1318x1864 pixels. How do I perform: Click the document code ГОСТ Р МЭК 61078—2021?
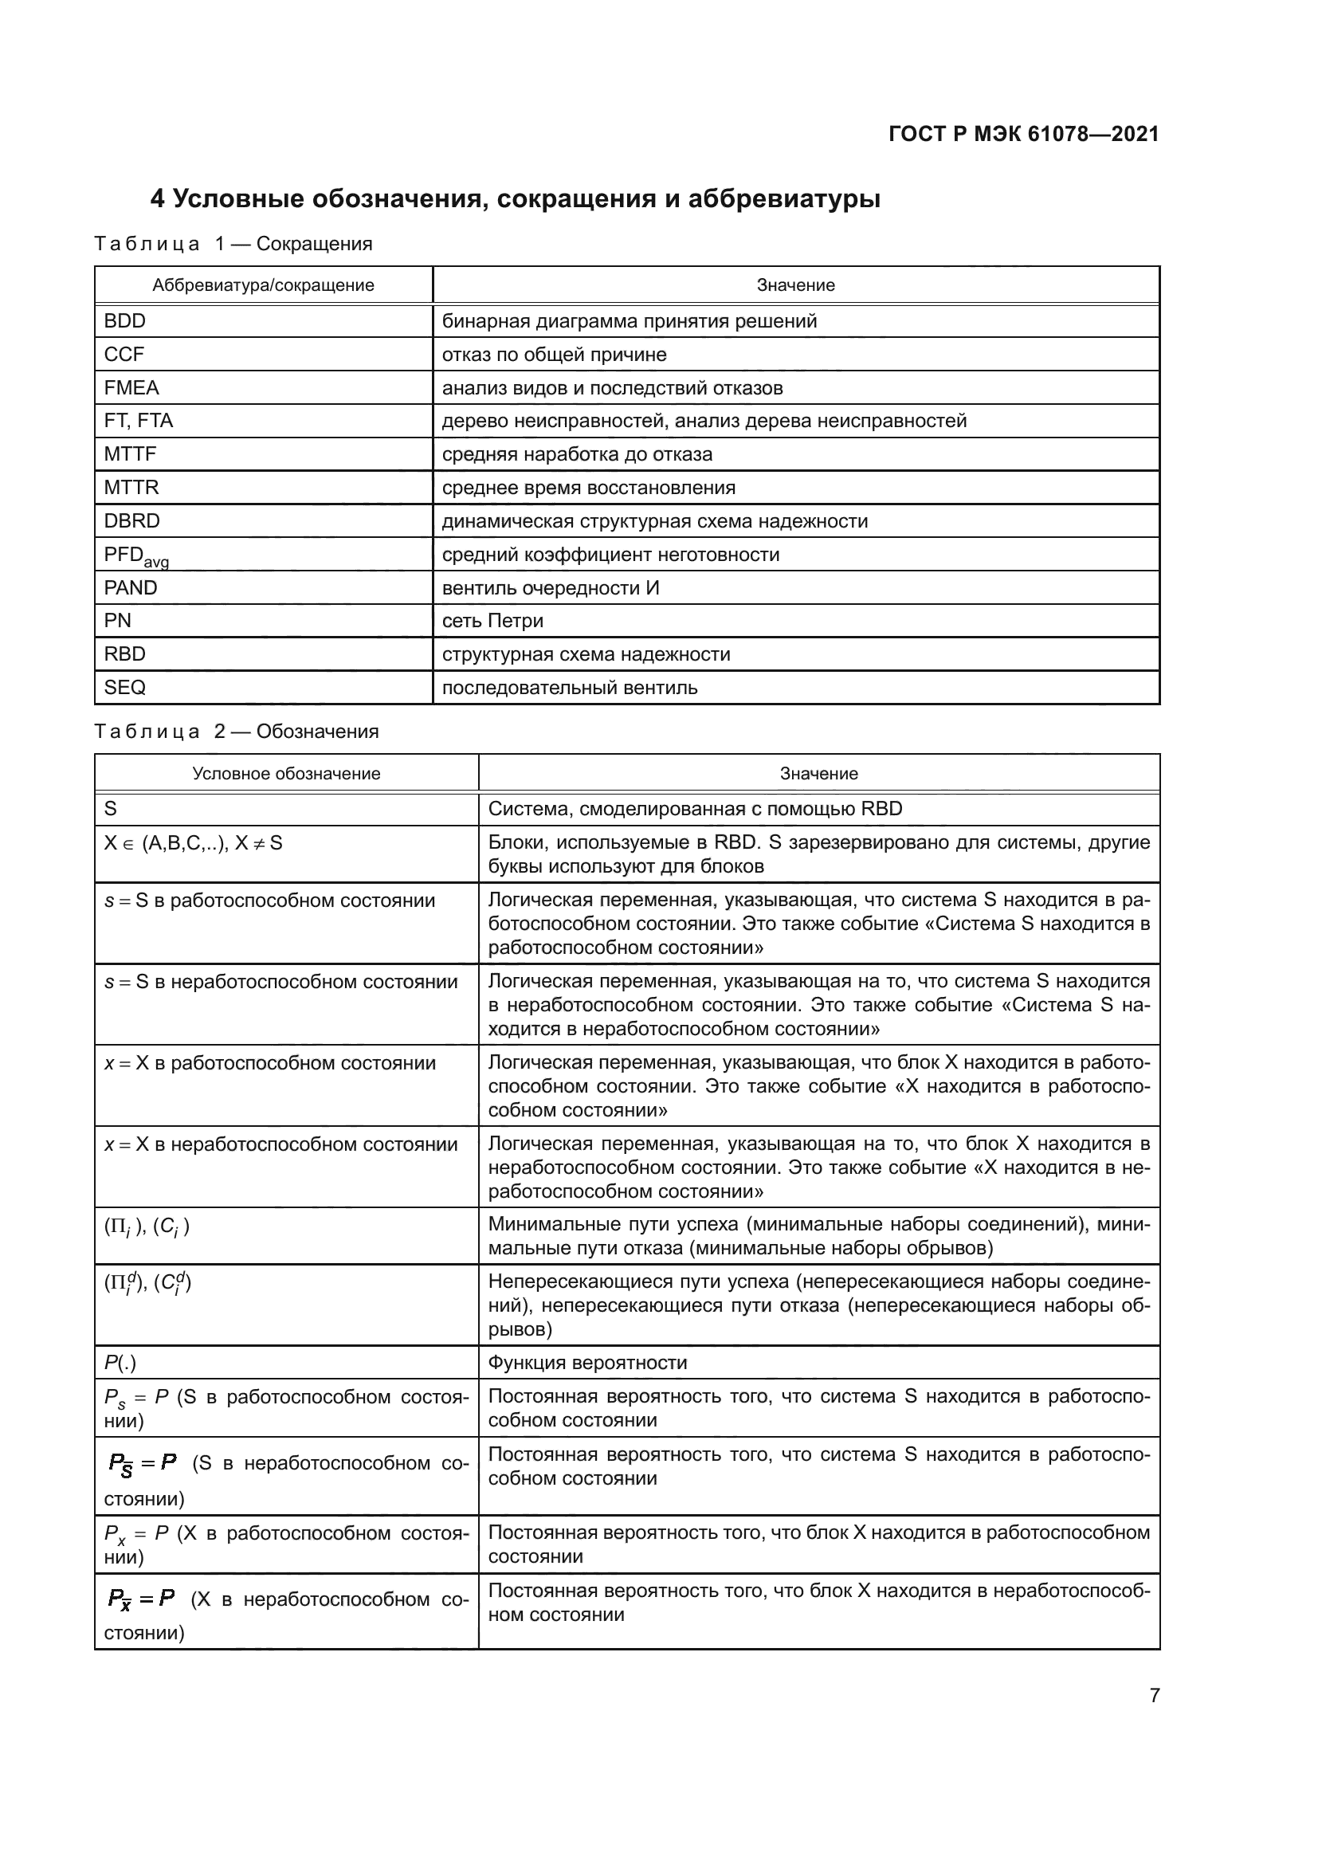[1023, 134]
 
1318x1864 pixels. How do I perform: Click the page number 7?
[1154, 1695]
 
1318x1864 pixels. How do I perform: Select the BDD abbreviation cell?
[125, 320]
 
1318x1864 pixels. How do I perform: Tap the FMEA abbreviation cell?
[131, 387]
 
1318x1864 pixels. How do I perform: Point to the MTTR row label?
[131, 487]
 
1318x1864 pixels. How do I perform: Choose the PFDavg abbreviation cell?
[135, 556]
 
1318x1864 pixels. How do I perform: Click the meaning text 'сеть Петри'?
[492, 621]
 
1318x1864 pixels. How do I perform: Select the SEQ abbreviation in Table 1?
[125, 688]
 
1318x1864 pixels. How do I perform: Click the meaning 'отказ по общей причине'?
[554, 354]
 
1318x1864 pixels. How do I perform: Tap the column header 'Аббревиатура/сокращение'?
[263, 285]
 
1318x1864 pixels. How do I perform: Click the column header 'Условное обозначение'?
[286, 773]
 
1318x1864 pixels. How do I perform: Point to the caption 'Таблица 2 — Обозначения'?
[236, 732]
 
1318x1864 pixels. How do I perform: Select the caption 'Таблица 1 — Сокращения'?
[233, 244]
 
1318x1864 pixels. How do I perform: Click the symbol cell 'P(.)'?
[120, 1363]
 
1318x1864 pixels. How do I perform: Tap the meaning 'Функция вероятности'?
[586, 1363]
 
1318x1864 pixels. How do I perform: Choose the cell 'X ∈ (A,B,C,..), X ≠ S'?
[193, 843]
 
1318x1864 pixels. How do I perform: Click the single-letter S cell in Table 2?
[112, 809]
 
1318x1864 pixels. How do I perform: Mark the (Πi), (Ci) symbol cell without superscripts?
[146, 1226]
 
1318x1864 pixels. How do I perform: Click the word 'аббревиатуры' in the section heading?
[783, 199]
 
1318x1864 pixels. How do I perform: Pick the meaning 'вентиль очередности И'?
[551, 588]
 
